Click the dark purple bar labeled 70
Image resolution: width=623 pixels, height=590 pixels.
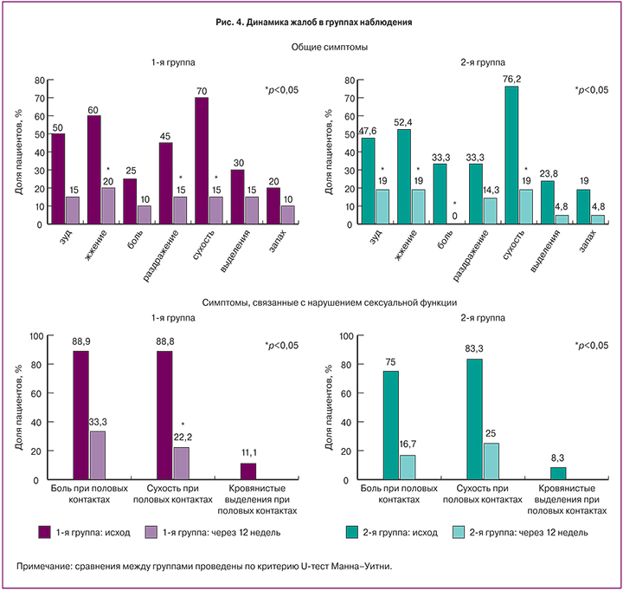[x=202, y=161]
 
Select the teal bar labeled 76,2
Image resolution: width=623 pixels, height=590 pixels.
[x=511, y=155]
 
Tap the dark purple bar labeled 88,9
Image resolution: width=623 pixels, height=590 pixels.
[x=80, y=415]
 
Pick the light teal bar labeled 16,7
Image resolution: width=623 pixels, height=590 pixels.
[x=408, y=467]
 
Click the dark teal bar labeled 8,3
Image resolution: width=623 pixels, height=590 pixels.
[x=558, y=473]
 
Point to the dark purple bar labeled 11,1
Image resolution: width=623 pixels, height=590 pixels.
[x=248, y=471]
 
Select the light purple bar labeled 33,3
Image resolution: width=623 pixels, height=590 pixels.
[x=98, y=456]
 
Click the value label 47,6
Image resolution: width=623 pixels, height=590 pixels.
[x=368, y=132]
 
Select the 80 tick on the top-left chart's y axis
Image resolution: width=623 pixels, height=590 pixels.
[x=38, y=81]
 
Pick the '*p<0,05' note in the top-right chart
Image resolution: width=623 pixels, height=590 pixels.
[x=593, y=89]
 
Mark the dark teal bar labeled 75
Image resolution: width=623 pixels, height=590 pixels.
[x=391, y=425]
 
